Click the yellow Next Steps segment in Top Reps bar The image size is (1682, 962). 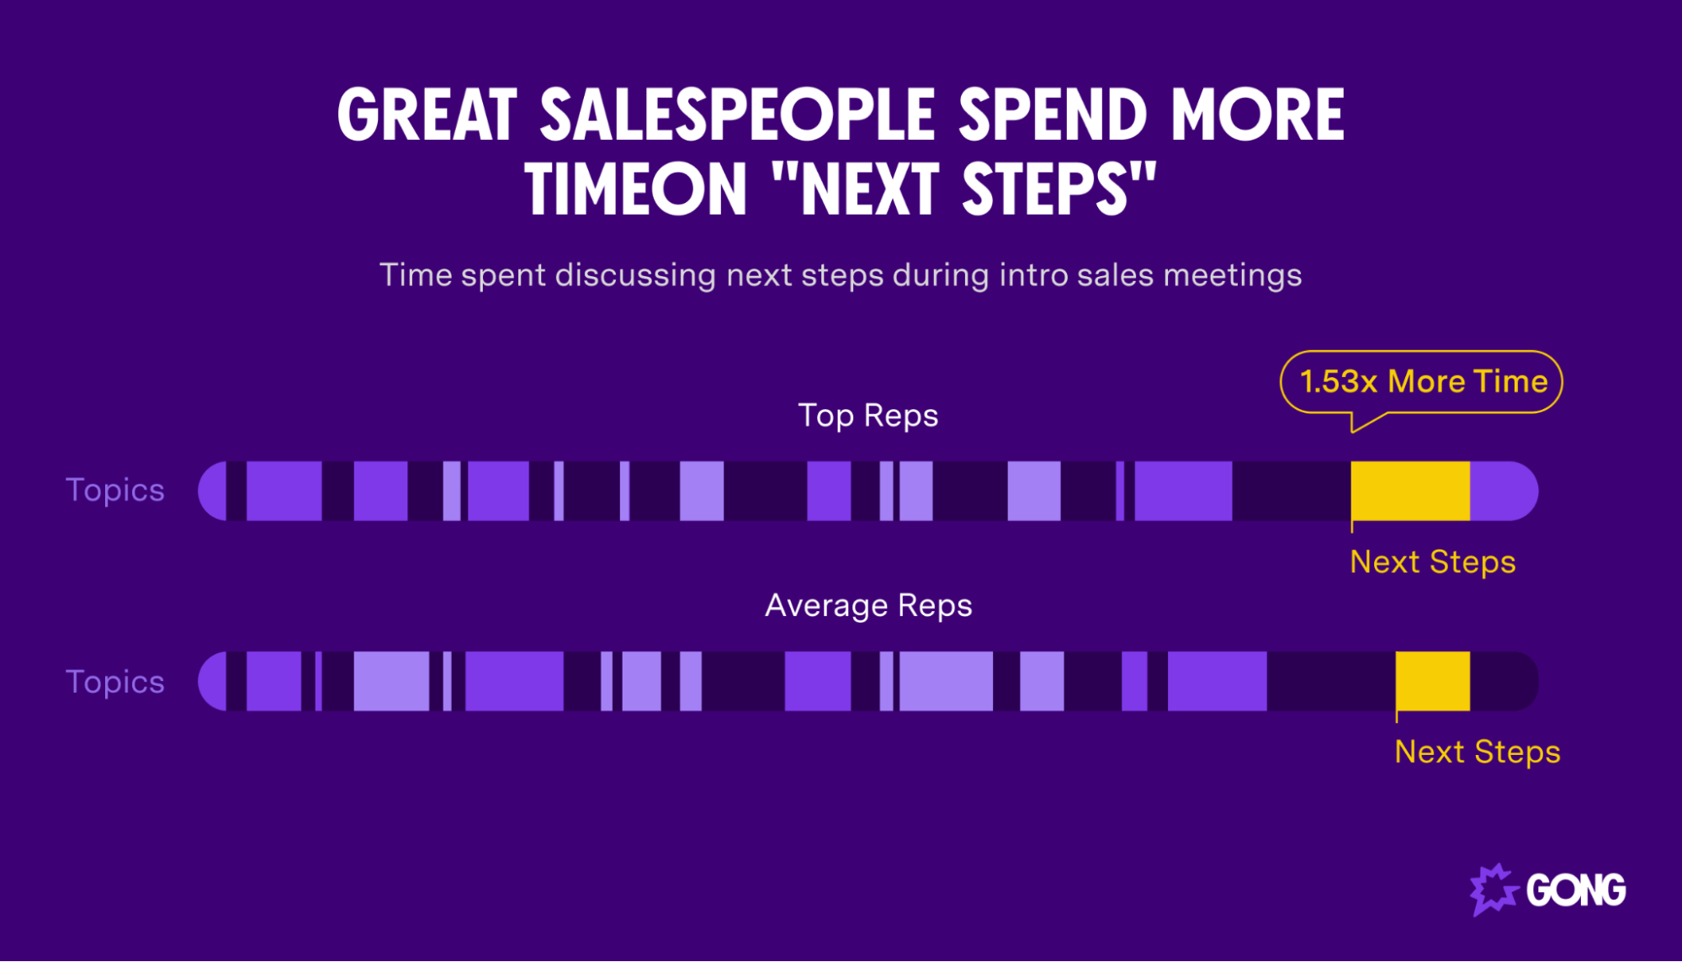(x=1410, y=491)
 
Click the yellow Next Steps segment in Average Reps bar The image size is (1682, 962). (x=1433, y=681)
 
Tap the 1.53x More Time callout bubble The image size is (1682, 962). (x=1422, y=382)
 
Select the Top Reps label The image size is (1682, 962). (x=868, y=416)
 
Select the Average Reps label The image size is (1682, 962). (x=868, y=606)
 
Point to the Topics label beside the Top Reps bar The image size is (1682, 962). (x=115, y=491)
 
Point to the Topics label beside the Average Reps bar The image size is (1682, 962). (x=115, y=682)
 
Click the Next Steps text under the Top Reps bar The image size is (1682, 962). (x=1432, y=562)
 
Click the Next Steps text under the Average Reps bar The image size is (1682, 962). (x=1477, y=752)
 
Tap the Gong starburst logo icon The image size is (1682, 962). (x=1493, y=890)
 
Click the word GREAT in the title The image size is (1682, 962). (x=427, y=115)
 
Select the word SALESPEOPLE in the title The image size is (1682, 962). (x=736, y=115)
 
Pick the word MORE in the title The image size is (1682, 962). (x=1257, y=115)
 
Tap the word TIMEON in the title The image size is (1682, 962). (x=635, y=189)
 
